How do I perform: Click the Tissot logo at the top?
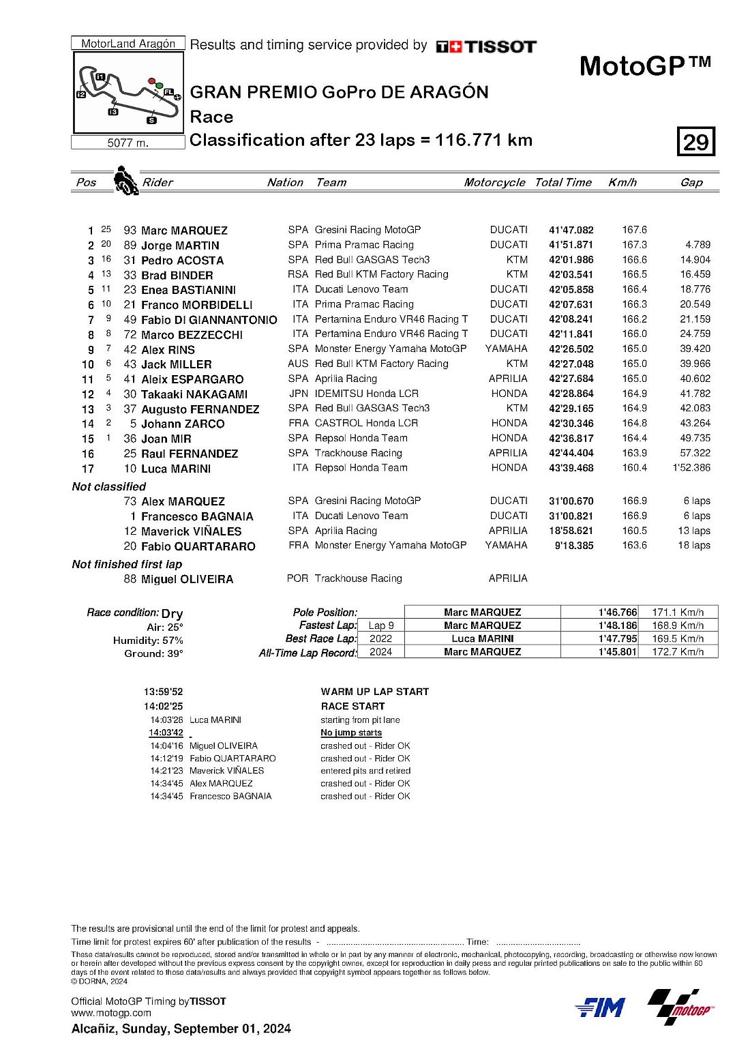tap(486, 46)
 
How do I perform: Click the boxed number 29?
tap(695, 142)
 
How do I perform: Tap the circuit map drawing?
tap(128, 93)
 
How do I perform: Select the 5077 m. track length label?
tap(127, 143)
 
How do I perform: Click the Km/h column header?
tap(622, 182)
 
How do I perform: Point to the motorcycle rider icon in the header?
tap(125, 180)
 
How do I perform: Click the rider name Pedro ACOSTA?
tap(182, 260)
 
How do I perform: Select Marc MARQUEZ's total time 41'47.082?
tap(571, 231)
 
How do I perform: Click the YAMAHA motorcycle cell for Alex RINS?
tap(506, 349)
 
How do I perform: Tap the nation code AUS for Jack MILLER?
tap(298, 364)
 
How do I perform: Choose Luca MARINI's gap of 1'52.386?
tap(691, 468)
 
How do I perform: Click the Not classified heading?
tap(109, 486)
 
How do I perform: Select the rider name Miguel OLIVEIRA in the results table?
tap(187, 579)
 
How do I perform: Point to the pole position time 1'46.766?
tap(618, 613)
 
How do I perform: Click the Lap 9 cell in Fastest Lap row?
tap(380, 625)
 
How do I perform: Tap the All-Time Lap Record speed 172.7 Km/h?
tap(678, 651)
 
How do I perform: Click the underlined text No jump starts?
tap(351, 733)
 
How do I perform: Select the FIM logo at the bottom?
tap(600, 1007)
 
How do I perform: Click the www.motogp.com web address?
tap(111, 1013)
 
